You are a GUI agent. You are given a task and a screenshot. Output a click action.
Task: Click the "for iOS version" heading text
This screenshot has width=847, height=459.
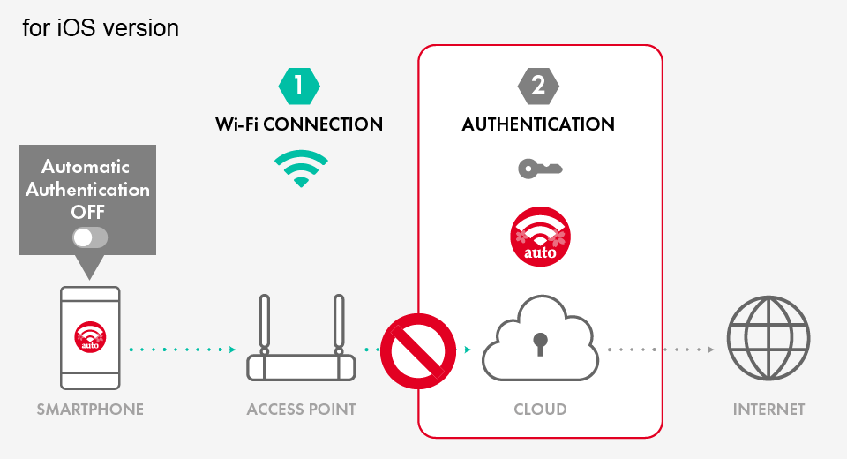pyautogui.click(x=101, y=28)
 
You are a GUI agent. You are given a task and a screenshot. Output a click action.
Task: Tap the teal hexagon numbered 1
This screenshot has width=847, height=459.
pyautogui.click(x=299, y=86)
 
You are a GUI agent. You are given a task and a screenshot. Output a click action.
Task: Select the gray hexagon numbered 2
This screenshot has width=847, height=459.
pyautogui.click(x=538, y=86)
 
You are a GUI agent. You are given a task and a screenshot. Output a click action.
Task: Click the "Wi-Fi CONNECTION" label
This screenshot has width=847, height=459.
pyautogui.click(x=299, y=124)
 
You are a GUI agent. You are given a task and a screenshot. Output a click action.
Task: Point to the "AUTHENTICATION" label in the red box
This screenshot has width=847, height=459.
pyautogui.click(x=538, y=124)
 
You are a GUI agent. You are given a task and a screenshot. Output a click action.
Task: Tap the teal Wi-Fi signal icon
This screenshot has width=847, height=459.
pyautogui.click(x=300, y=168)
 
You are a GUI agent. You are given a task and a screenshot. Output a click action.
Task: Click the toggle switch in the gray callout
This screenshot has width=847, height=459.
pyautogui.click(x=90, y=237)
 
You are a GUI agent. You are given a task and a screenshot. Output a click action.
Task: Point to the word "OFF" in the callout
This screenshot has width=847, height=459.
pyautogui.click(x=88, y=212)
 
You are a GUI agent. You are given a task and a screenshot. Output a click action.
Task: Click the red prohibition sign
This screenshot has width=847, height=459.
pyautogui.click(x=418, y=350)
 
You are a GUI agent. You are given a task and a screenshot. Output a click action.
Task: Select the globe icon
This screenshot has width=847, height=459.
pyautogui.click(x=768, y=338)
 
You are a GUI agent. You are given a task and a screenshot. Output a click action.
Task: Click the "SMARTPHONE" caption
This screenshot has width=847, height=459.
pyautogui.click(x=90, y=410)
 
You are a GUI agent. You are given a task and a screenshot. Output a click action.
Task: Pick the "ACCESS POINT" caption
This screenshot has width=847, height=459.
pyautogui.click(x=301, y=410)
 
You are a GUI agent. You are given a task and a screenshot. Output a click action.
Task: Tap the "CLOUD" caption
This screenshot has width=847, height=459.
pyautogui.click(x=540, y=410)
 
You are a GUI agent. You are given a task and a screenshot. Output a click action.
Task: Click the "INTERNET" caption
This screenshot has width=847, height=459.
pyautogui.click(x=768, y=410)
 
